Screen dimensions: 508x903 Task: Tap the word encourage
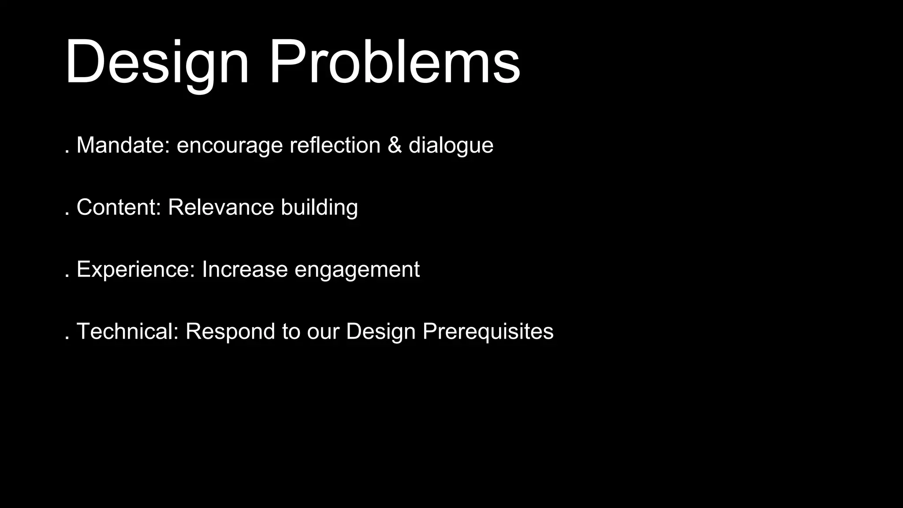pyautogui.click(x=229, y=146)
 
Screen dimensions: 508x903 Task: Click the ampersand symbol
pyautogui.click(x=395, y=146)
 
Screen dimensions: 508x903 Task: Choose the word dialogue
pyautogui.click(x=451, y=146)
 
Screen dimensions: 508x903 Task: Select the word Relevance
pyautogui.click(x=220, y=207)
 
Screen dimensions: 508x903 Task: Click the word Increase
pyautogui.click(x=244, y=269)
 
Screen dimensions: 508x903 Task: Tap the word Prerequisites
pyautogui.click(x=488, y=332)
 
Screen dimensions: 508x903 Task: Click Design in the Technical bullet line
pyautogui.click(x=381, y=332)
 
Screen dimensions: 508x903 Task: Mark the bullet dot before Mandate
pyautogui.click(x=67, y=152)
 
